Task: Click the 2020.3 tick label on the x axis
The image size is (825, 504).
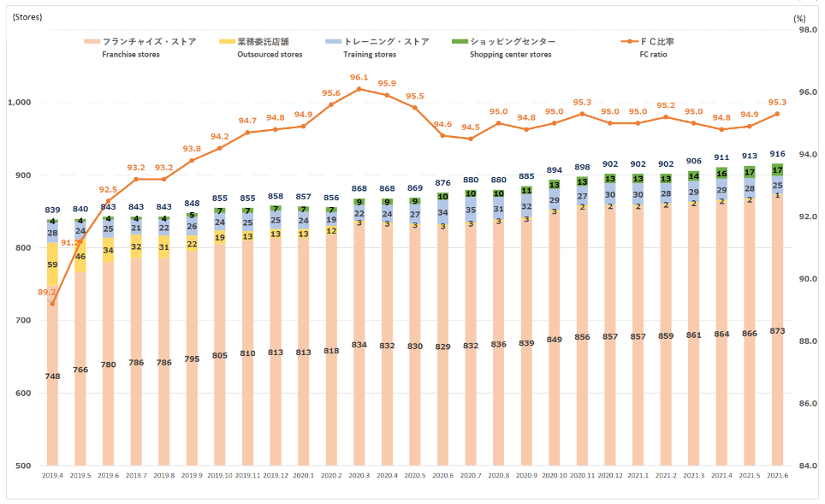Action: pos(359,475)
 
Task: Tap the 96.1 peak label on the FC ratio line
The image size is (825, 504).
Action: pos(359,77)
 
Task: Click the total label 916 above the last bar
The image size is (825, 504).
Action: pos(777,154)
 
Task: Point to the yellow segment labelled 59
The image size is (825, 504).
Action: pos(52,265)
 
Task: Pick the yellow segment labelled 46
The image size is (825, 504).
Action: pos(80,257)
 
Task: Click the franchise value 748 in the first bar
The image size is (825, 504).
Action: pos(52,377)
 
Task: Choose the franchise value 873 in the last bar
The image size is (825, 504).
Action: pos(777,331)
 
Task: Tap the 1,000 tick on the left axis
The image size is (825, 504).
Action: pos(19,103)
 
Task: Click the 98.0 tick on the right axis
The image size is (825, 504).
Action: pos(806,30)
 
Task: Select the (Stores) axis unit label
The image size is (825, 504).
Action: pos(27,16)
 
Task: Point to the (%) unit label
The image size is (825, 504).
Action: pos(799,16)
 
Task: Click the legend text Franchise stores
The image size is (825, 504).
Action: pos(130,55)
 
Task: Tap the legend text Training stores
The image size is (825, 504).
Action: pos(370,55)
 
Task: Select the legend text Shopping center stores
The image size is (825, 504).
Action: pos(511,55)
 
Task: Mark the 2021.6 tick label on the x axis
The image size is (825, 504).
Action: pos(777,475)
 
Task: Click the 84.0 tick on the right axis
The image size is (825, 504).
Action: pos(806,465)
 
